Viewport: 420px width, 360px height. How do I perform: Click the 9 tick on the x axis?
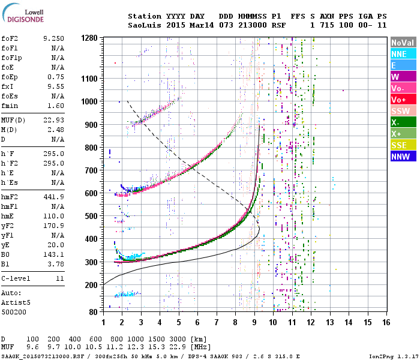(x=254, y=322)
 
